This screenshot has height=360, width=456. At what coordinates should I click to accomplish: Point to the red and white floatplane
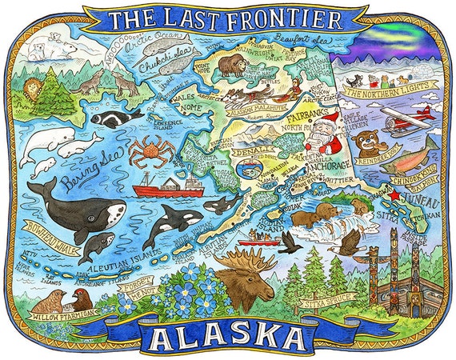click(x=403, y=121)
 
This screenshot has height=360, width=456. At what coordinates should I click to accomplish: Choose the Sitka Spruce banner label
click(x=324, y=303)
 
